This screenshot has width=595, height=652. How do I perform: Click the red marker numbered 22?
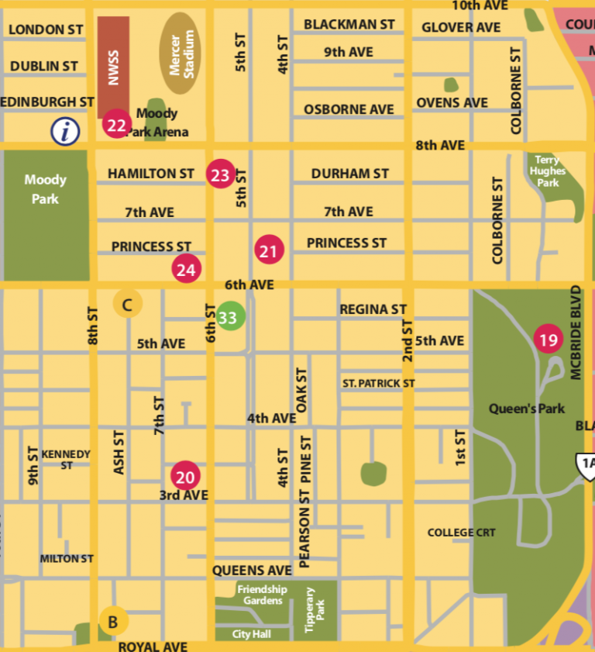[116, 125]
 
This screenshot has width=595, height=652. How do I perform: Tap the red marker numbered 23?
[221, 174]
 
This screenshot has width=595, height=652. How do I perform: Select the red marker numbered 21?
[269, 250]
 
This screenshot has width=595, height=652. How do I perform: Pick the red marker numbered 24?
[187, 269]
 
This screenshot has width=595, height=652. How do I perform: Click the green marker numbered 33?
[229, 317]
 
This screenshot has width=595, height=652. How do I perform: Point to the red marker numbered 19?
[549, 339]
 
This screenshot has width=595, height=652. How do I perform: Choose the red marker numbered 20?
[186, 475]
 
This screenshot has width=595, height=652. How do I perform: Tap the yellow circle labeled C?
[128, 304]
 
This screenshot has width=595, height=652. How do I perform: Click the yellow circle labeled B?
[113, 621]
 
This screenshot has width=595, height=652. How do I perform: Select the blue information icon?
[66, 131]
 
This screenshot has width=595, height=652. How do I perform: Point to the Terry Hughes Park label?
[548, 171]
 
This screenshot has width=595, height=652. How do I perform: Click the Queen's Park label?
[527, 409]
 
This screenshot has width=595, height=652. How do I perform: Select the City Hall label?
[252, 634]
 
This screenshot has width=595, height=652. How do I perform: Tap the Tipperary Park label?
[315, 610]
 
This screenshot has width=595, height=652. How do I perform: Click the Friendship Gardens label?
[262, 595]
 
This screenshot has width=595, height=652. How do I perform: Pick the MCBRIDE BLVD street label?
[576, 333]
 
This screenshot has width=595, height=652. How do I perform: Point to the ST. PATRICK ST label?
[379, 383]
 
